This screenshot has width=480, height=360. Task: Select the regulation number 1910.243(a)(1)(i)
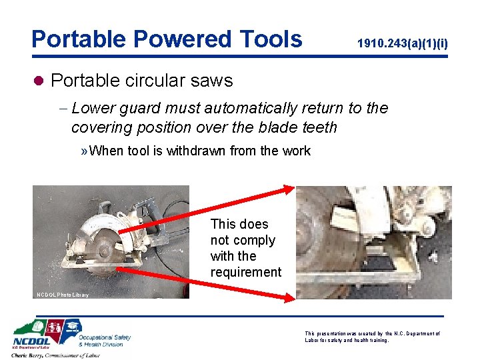point(402,44)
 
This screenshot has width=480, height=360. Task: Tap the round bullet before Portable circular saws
point(38,81)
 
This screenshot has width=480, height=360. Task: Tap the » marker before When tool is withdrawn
point(83,151)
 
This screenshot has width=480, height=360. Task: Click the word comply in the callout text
point(252,240)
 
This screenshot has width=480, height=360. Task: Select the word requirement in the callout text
point(246,272)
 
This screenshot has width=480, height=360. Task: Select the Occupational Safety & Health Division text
point(105,341)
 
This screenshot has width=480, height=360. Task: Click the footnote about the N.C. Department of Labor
point(373,337)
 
